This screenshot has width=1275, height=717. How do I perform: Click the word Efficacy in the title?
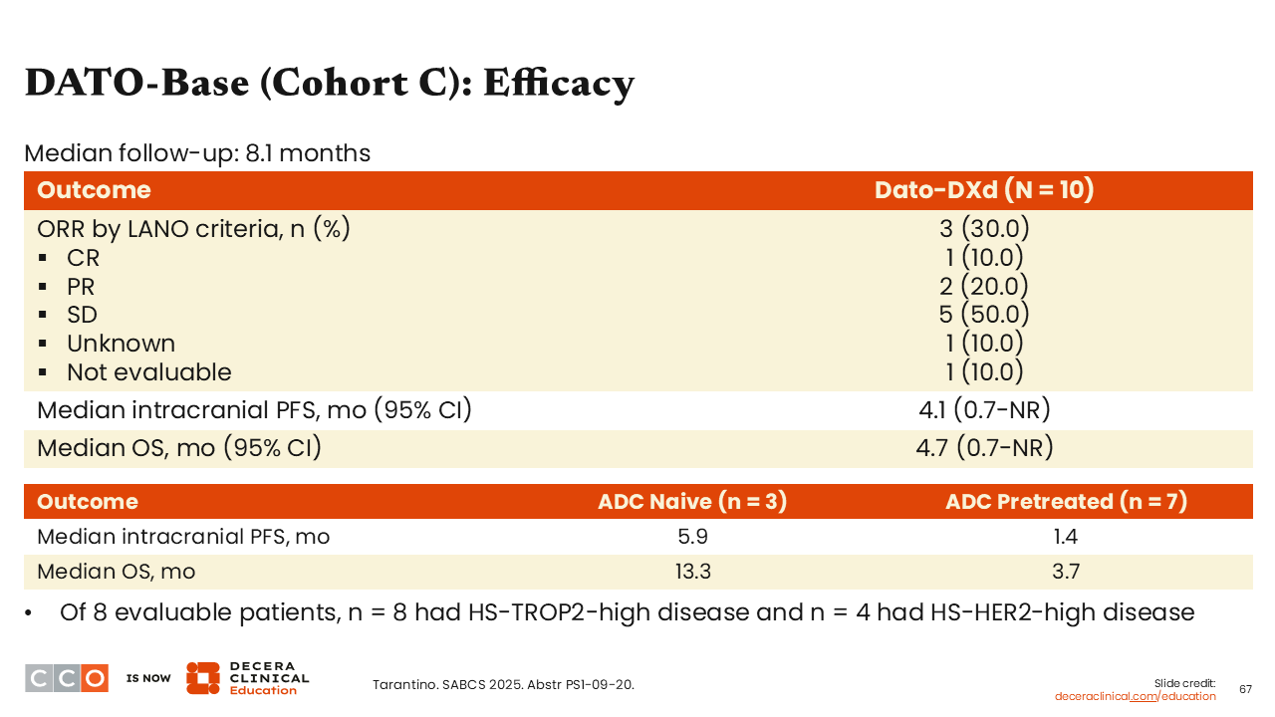[x=559, y=84]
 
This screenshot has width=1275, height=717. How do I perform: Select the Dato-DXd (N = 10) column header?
[x=984, y=190]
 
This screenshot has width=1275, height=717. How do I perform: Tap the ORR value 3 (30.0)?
[x=984, y=229]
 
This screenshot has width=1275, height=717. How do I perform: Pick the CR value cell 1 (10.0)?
[x=984, y=257]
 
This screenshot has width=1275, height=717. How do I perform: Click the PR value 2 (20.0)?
[x=984, y=286]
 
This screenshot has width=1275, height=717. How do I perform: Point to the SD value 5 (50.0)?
[x=984, y=314]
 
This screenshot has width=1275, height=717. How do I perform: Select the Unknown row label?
[x=121, y=344]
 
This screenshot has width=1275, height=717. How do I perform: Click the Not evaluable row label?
[x=149, y=372]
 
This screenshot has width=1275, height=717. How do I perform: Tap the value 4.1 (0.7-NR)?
[x=984, y=409]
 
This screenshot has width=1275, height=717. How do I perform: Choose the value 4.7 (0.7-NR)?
[x=984, y=448]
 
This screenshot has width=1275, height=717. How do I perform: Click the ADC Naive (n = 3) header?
[x=692, y=501]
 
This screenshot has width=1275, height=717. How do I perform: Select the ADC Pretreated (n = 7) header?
[x=1066, y=501]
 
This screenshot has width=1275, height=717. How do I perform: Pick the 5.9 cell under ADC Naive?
[x=692, y=537]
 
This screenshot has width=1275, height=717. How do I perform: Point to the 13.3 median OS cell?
[x=692, y=572]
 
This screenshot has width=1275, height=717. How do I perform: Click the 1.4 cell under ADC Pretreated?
[x=1066, y=537]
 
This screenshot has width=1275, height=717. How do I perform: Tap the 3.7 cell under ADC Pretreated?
[x=1066, y=572]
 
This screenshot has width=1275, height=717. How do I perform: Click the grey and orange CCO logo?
[x=67, y=678]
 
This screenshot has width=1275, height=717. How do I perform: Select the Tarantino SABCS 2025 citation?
[x=503, y=684]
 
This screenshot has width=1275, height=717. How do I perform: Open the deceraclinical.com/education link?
[x=1135, y=696]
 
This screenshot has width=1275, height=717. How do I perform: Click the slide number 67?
[x=1245, y=689]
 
